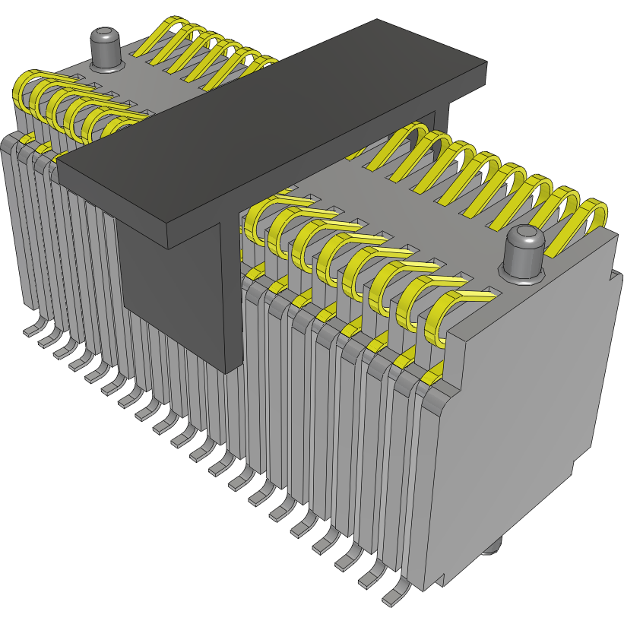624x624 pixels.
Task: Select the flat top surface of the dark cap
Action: [x=274, y=129]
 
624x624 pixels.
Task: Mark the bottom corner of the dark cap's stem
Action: [x=226, y=371]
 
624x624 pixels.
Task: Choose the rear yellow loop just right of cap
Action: [x=403, y=144]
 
